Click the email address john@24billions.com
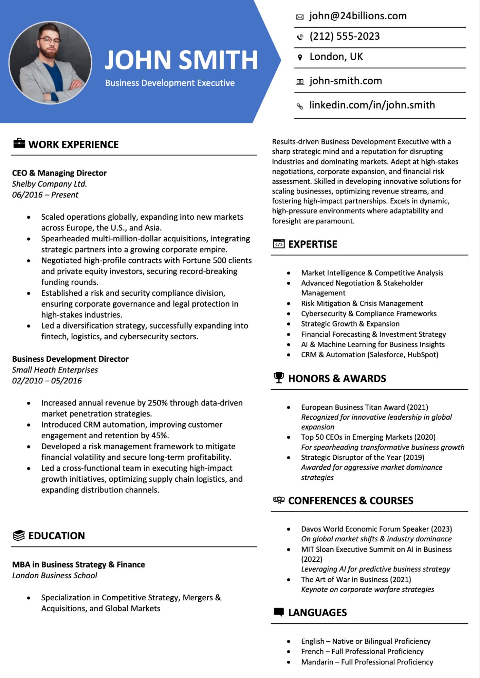pos(358,16)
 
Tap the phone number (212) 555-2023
pos(345,36)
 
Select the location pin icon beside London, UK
pos(300,57)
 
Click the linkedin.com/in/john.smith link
pos(372,105)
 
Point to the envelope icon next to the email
pos(300,17)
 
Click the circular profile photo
pos(50,63)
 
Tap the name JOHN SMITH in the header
pos(181,60)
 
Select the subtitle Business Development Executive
pos(170,83)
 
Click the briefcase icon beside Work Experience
pos(19,144)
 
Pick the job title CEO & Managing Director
pos(59,173)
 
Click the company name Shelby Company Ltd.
pos(50,184)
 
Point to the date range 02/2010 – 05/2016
pos(47,381)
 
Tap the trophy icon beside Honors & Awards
pos(279,378)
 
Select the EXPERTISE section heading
pos(313,244)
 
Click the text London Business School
pos(55,575)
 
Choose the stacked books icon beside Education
pos(19,536)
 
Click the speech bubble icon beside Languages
pos(279,612)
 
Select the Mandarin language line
pos(367,662)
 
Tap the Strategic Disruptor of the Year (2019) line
pos(363,457)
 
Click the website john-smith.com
pos(346,81)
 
